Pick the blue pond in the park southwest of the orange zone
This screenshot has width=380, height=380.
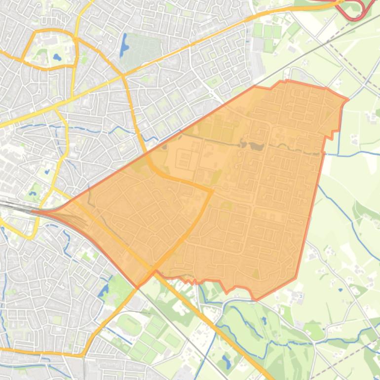coord(104,291)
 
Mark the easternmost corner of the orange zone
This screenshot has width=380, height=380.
coord(348,100)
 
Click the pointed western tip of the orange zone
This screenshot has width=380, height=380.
coord(34,212)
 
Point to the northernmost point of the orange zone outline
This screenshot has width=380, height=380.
coord(287,80)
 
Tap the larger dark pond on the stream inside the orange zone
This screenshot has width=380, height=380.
coord(255,146)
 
